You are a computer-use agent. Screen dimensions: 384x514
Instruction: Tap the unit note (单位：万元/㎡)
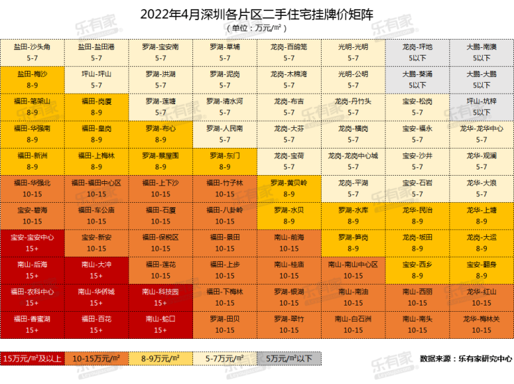click(256, 28)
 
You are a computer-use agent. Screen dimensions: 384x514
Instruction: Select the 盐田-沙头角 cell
click(33, 51)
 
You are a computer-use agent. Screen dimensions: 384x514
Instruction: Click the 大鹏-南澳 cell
click(481, 51)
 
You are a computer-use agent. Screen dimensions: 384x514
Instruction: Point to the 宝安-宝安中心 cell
click(33, 242)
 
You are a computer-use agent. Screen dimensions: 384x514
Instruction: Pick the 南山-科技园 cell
click(160, 297)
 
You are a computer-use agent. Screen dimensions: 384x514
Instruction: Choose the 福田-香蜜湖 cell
click(33, 324)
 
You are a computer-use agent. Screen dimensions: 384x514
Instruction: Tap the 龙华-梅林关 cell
click(481, 324)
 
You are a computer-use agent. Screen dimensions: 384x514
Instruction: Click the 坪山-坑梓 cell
click(481, 106)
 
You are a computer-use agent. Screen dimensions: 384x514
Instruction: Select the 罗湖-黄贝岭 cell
click(289, 187)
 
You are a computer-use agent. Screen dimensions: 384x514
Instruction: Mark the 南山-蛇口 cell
click(160, 324)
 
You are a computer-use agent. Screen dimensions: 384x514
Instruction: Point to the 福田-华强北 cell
click(33, 187)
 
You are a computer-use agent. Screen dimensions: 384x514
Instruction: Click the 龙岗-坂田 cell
click(417, 242)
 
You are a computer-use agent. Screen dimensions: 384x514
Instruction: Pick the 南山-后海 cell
click(33, 269)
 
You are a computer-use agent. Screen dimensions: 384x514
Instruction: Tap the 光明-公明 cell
click(353, 78)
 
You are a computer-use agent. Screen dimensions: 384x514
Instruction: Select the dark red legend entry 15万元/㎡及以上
click(33, 359)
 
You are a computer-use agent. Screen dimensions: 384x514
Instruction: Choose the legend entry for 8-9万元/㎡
click(160, 359)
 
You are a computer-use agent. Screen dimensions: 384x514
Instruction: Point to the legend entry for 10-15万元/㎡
click(97, 359)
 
